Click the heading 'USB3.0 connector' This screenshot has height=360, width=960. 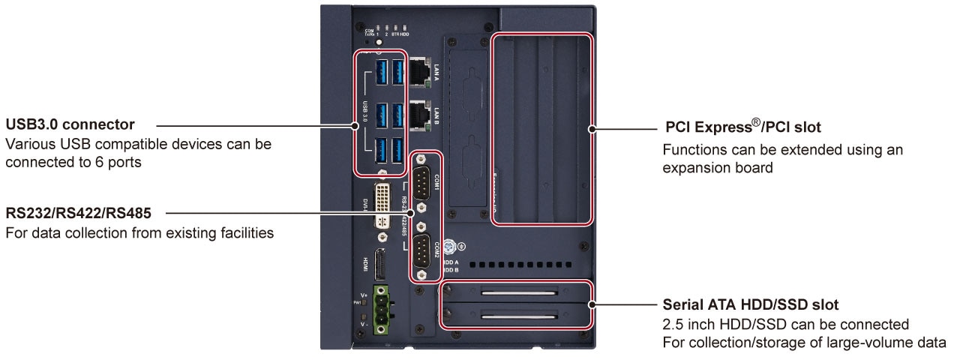(x=70, y=123)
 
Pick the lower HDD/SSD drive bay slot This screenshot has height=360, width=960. (x=520, y=316)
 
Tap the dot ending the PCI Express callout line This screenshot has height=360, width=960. (x=592, y=130)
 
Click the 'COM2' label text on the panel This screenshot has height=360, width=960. (x=436, y=250)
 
